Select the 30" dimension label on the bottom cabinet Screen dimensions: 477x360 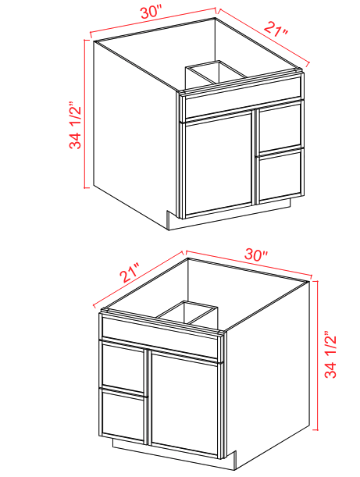tap(256, 255)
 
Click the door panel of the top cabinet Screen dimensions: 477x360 tap(217, 165)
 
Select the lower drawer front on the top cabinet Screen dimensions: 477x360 tap(280, 173)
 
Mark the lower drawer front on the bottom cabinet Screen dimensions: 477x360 tap(123, 418)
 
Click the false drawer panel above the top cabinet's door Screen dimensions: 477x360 tap(241, 107)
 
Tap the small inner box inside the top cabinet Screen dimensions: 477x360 tap(215, 73)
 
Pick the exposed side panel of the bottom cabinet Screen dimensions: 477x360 tap(270, 367)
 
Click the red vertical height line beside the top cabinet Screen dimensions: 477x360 tap(86, 116)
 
